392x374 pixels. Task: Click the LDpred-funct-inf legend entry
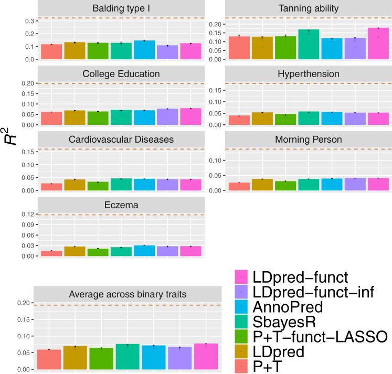(314, 292)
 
